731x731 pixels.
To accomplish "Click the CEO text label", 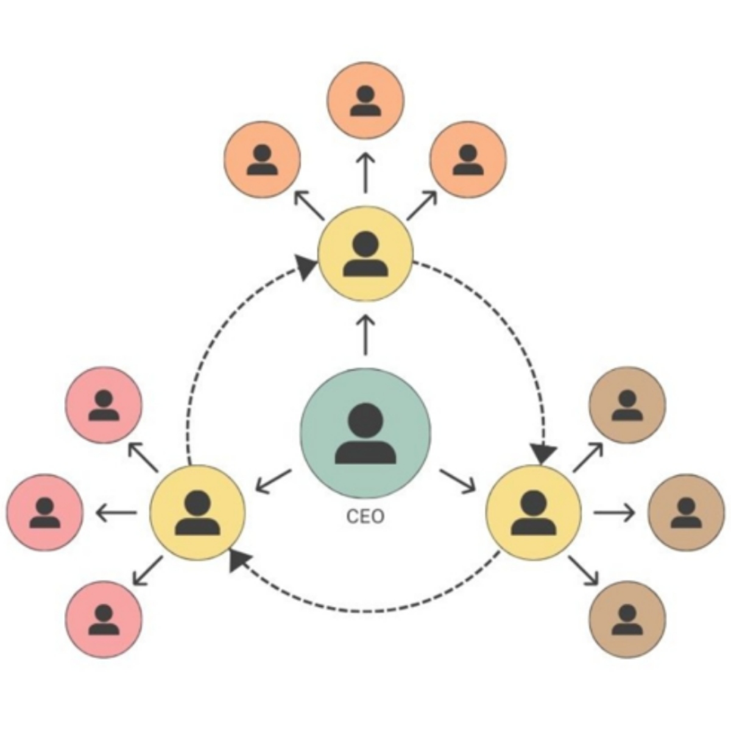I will click(x=365, y=517).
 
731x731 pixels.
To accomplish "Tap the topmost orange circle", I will click(x=365, y=101).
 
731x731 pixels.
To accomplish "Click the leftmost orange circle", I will click(x=263, y=159).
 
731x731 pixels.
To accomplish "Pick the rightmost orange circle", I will click(x=468, y=159).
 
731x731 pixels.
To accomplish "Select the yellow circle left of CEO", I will click(x=197, y=512).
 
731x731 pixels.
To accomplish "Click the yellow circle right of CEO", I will click(x=533, y=512).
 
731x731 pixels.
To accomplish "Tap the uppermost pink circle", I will click(x=104, y=405).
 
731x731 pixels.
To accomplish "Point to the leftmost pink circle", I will click(x=45, y=512).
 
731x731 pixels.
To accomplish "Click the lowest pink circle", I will click(x=104, y=619).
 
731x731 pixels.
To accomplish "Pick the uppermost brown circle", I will click(x=627, y=405).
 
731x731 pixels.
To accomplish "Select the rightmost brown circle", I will click(x=685, y=512).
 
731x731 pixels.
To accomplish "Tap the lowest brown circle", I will click(x=627, y=619).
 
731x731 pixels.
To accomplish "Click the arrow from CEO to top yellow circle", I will click(x=365, y=335).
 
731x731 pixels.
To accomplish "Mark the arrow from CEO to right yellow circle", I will click(x=457, y=480).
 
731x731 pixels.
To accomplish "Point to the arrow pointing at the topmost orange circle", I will click(x=365, y=172).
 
